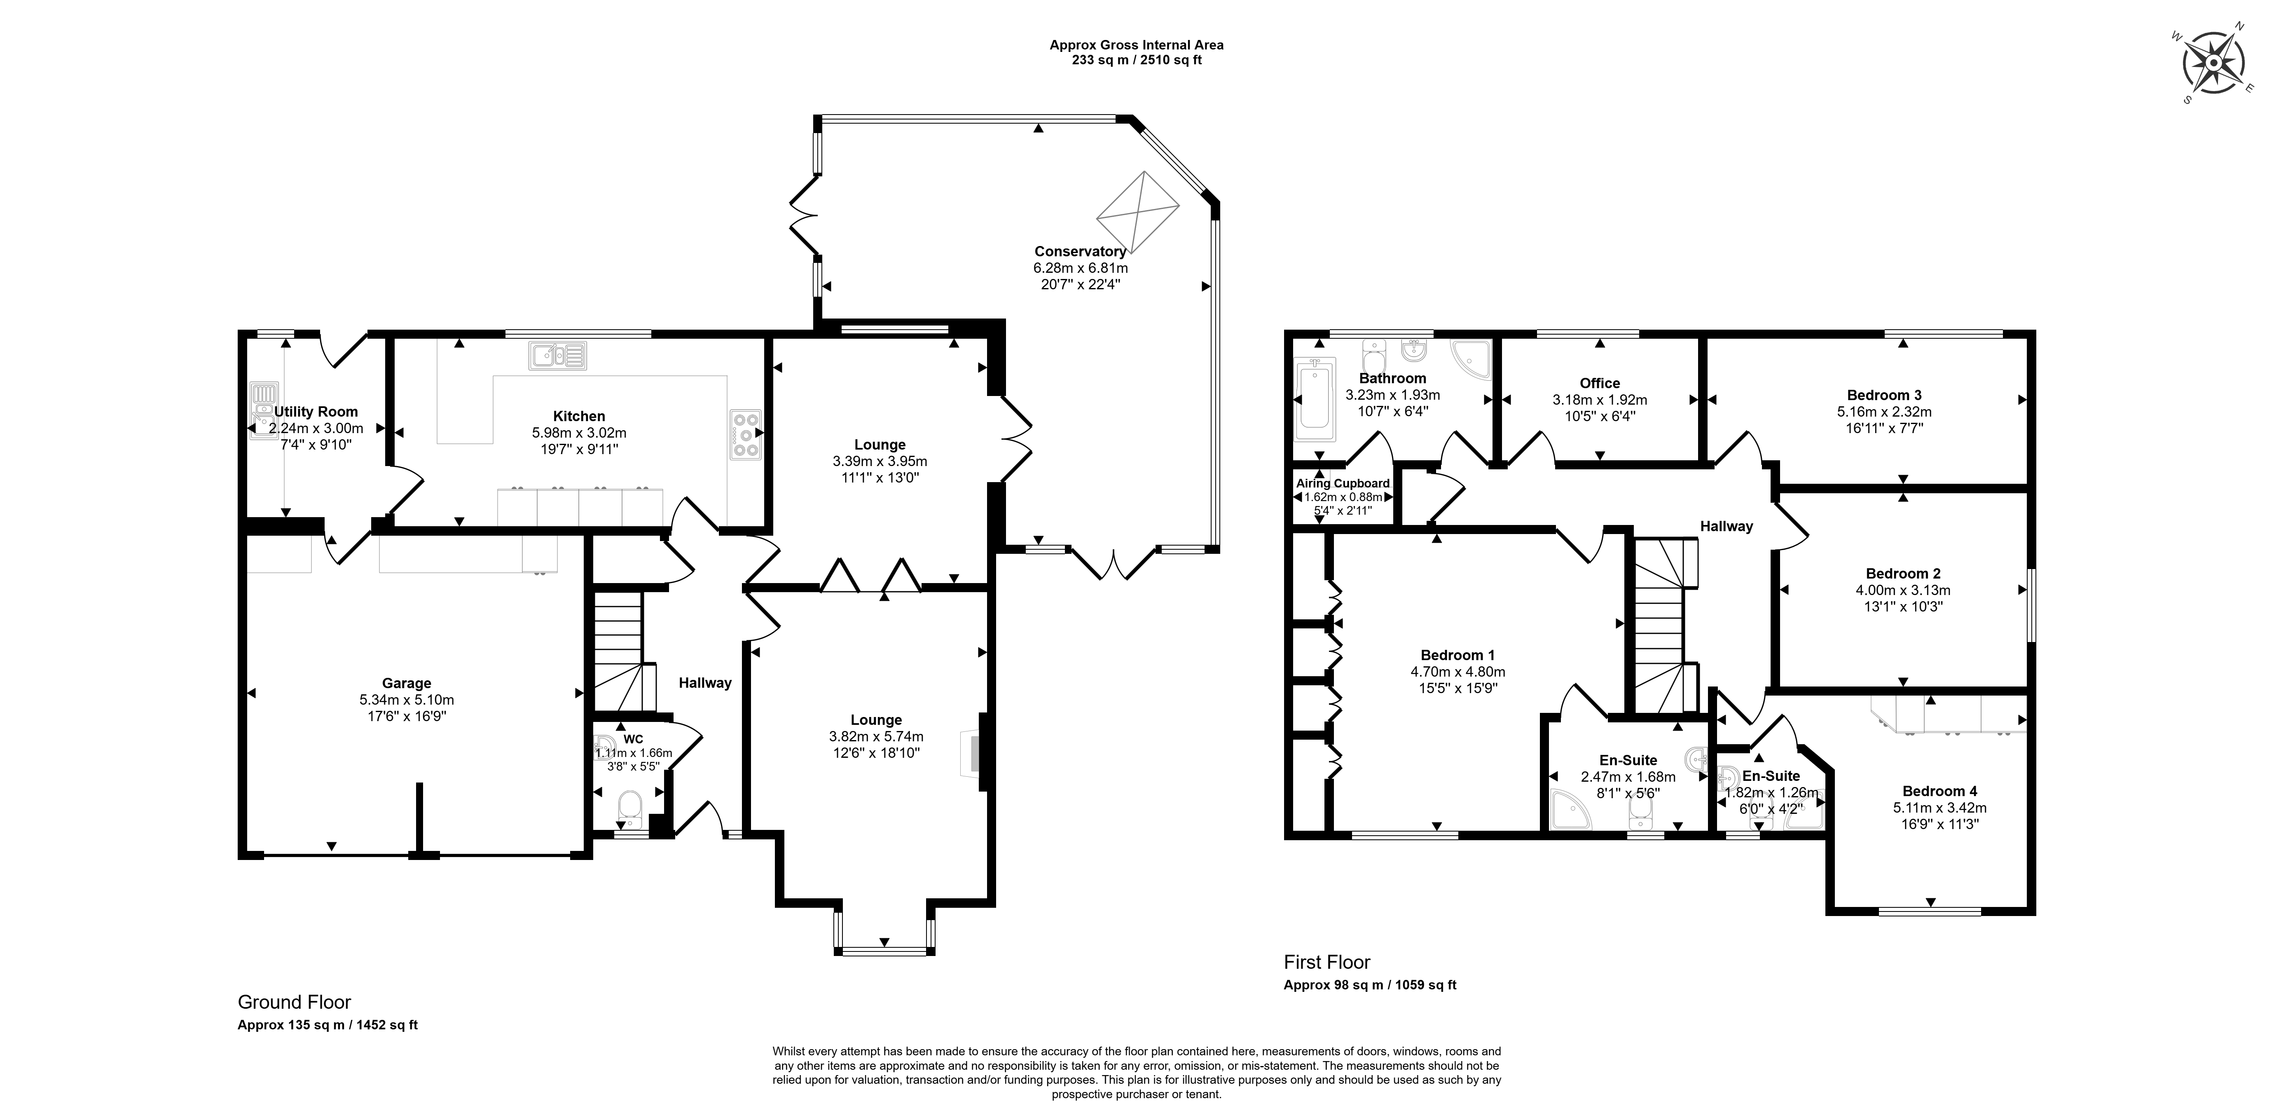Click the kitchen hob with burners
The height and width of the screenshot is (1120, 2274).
tap(746, 435)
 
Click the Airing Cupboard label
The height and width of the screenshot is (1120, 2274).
tap(1343, 483)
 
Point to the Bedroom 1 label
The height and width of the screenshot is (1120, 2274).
tap(1458, 654)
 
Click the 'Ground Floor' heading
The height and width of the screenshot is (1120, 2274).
tap(294, 1002)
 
